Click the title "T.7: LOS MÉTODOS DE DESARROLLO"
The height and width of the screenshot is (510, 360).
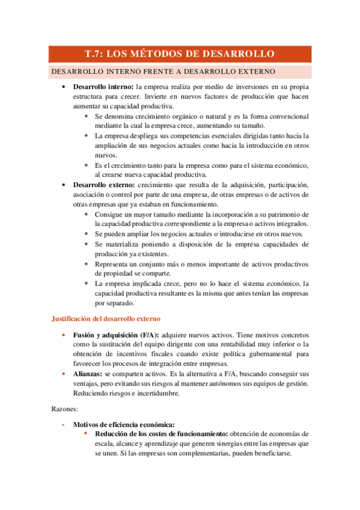(180, 54)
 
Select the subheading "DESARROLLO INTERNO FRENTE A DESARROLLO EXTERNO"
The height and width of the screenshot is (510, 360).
(163, 72)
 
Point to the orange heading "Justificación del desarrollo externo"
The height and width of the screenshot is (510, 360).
(105, 318)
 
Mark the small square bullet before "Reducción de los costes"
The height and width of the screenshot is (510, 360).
(86, 433)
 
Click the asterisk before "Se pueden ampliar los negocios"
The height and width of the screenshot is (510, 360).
(87, 235)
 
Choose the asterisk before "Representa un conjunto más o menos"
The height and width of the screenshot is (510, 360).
(87, 265)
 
